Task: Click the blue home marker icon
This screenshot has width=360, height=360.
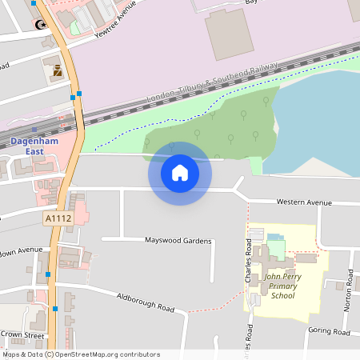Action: (x=179, y=172)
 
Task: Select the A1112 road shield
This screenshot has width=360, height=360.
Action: (x=57, y=217)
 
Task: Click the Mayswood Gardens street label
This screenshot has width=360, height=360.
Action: (x=178, y=240)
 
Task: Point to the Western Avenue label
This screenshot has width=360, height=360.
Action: (x=303, y=202)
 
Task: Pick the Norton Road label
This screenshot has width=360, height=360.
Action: (x=348, y=299)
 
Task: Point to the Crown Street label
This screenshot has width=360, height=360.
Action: (x=22, y=334)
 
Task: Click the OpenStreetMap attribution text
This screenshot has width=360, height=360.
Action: (x=81, y=354)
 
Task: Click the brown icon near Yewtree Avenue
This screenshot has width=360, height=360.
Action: (x=58, y=70)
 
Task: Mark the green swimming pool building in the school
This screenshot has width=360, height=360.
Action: (x=276, y=247)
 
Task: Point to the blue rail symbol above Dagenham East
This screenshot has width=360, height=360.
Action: (x=34, y=128)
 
